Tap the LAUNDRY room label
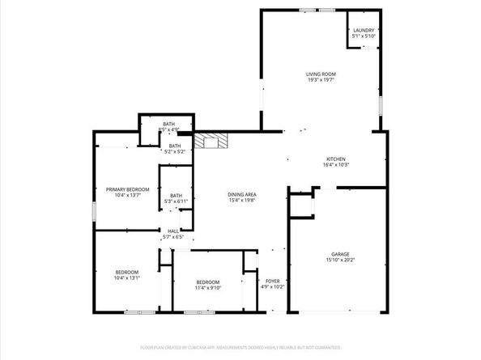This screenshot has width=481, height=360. (364, 30)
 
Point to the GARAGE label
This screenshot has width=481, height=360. (339, 254)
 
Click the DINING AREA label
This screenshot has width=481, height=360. (241, 195)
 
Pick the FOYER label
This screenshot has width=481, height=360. (272, 281)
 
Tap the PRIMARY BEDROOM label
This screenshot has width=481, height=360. (127, 189)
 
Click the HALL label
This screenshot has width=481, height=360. (173, 231)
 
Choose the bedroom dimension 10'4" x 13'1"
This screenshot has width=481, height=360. (126, 277)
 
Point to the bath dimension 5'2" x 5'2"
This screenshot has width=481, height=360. (175, 151)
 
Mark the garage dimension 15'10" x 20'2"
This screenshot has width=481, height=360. (339, 260)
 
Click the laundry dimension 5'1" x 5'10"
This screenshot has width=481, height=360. (364, 36)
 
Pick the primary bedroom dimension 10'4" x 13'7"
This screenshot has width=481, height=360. (127, 196)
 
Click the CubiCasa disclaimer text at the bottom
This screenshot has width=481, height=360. (240, 346)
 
